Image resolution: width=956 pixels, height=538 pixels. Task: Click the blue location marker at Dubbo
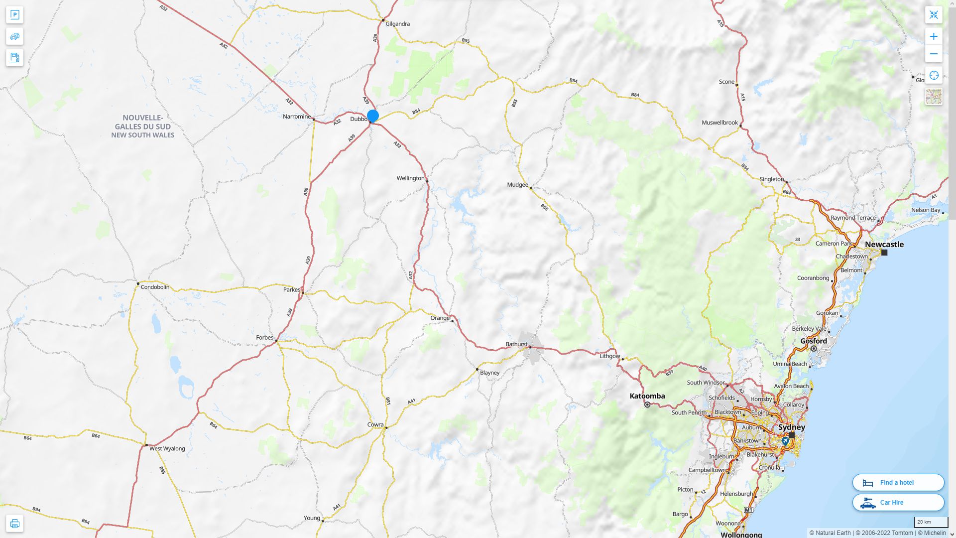tap(372, 116)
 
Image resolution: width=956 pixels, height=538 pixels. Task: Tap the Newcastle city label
tap(884, 245)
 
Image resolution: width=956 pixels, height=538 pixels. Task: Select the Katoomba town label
tap(647, 396)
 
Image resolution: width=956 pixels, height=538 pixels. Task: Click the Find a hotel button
tap(898, 482)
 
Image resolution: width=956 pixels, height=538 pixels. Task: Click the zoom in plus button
tap(934, 36)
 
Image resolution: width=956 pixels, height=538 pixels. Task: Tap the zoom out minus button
tap(934, 54)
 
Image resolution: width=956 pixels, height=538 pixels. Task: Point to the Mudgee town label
tap(517, 185)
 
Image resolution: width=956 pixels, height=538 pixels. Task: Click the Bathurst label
tap(516, 344)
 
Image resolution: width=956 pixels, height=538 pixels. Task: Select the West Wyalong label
tap(167, 448)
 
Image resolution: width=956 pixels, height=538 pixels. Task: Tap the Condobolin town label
tap(155, 287)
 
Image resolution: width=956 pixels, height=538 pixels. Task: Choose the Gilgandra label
tap(397, 24)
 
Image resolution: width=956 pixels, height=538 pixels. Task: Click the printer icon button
tap(14, 523)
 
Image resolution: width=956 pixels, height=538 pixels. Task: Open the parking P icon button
tap(14, 15)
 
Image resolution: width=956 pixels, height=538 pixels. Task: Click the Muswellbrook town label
tap(719, 123)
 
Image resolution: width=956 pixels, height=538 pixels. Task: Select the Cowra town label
tap(375, 425)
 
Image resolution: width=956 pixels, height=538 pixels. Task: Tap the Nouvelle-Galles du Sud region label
tap(143, 126)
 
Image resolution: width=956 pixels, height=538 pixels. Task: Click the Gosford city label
tap(814, 341)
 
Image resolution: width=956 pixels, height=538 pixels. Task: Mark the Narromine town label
tap(297, 117)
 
